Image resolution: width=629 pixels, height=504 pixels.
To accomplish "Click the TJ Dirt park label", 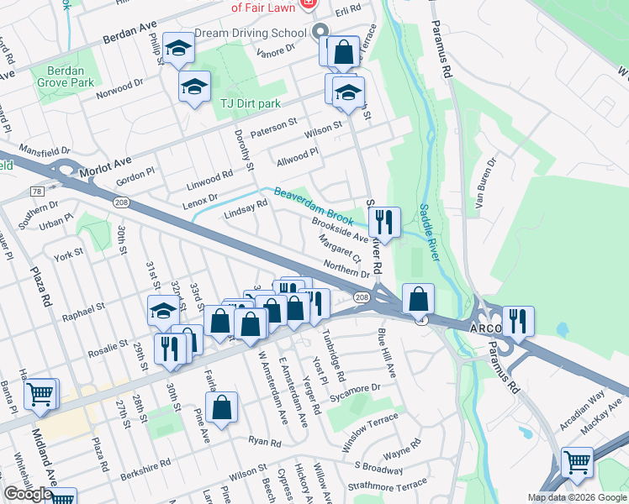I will pos(251,102).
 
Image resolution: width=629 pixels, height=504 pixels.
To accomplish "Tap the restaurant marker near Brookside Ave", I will pos(384,222).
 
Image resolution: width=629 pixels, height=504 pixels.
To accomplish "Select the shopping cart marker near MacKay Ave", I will pos(577,461).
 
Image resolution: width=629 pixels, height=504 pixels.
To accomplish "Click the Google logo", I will pos(28,494).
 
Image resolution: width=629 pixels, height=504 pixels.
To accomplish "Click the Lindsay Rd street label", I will pos(246,210).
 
